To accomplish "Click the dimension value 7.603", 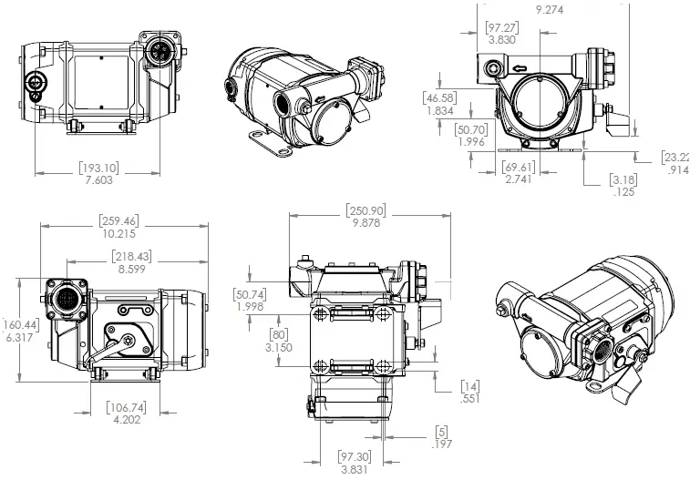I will (100, 181).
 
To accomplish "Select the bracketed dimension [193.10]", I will (100, 169).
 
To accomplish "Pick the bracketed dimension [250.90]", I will (365, 209).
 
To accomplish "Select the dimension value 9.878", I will (365, 223).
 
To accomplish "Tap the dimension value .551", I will (469, 399).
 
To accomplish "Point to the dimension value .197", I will (442, 444).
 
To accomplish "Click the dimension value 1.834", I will (440, 110).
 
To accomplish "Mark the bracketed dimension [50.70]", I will (471, 129).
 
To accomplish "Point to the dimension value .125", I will (623, 191).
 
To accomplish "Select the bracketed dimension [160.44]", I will (18, 325).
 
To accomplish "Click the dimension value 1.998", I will (250, 307).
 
